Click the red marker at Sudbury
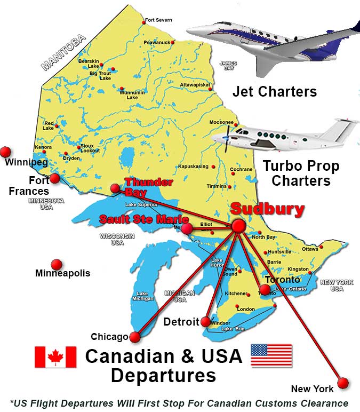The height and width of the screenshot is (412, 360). coord(238,226)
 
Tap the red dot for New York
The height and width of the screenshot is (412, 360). coord(343,383)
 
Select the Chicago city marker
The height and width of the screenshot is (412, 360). coord(135,337)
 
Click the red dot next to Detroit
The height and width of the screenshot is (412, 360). coord(205,322)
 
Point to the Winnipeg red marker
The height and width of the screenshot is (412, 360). coord(6,152)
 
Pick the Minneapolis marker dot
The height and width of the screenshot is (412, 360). coord(57,264)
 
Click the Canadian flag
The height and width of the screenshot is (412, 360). coord(55,356)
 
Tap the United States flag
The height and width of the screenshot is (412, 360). coord(271,355)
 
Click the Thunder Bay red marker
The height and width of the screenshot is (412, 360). coord(115,188)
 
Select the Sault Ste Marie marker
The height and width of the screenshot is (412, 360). coord(187,229)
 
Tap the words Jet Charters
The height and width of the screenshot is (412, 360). coord(275,91)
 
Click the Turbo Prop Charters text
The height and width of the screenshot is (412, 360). coord(301,173)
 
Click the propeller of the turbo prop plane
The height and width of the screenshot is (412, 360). coord(227,137)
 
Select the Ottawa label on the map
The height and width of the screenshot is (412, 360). coord(310,249)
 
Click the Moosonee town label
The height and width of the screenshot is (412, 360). coord(221,122)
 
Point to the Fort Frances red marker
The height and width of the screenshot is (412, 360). coord(54,178)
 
